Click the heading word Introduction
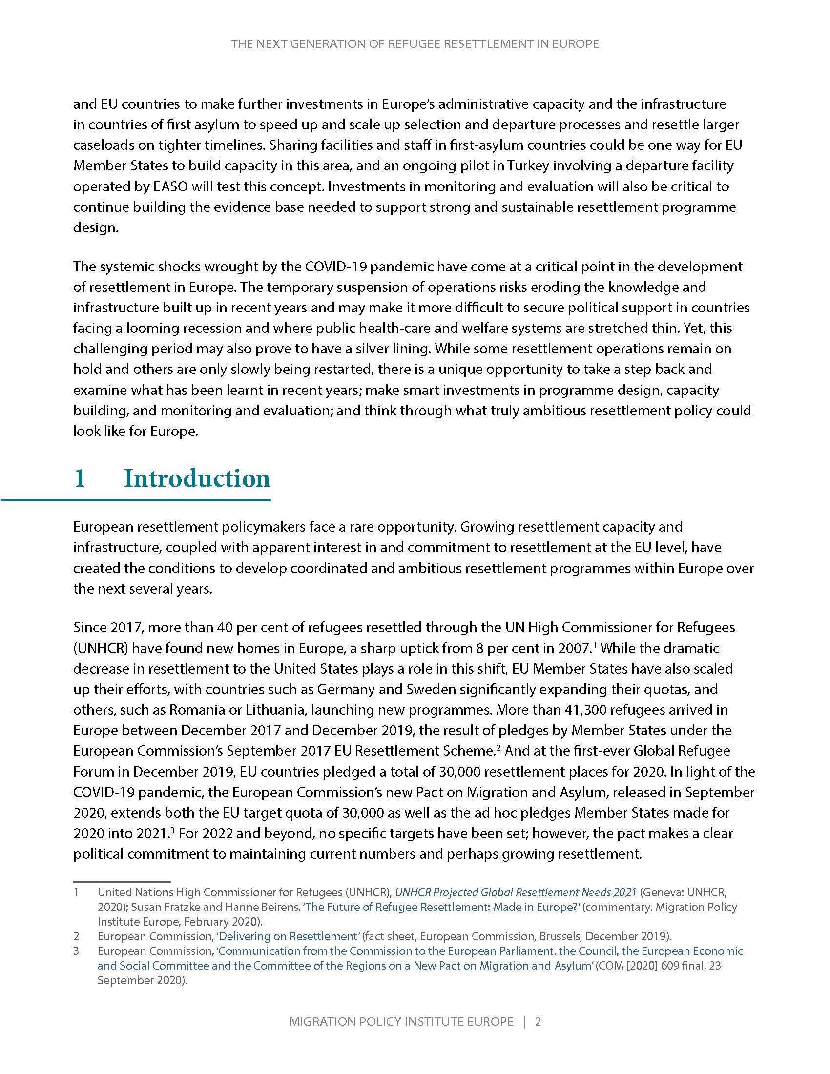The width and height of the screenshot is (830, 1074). (197, 478)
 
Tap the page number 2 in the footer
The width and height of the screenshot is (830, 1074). (538, 1021)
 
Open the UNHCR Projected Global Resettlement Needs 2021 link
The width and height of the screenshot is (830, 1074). (515, 892)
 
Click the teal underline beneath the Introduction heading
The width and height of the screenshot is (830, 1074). (136, 500)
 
